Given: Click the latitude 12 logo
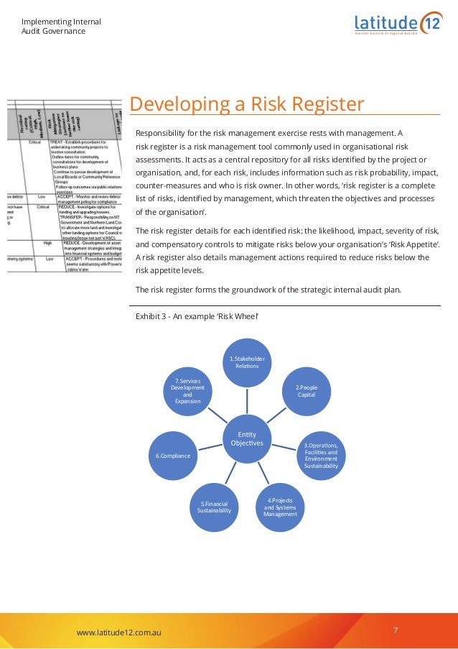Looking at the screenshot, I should click(x=398, y=22).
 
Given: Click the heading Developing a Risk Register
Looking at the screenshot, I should click(x=247, y=105).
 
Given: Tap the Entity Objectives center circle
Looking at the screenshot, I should click(x=247, y=438).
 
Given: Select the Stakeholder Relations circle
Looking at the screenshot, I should click(x=247, y=362).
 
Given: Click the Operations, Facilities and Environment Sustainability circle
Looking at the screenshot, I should click(x=320, y=456).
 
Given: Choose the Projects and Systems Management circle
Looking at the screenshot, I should click(x=280, y=507).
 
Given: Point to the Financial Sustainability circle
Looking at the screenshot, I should click(x=215, y=507).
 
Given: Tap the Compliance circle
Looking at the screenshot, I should click(x=173, y=456).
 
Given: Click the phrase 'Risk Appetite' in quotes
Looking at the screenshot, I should click(x=414, y=244).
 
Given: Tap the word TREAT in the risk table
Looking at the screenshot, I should click(x=57, y=143).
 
